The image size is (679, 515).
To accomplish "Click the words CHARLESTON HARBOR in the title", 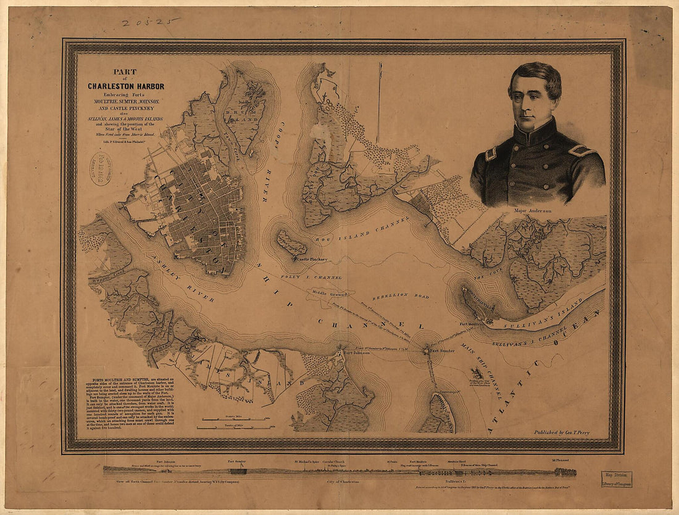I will pyautogui.click(x=126, y=86).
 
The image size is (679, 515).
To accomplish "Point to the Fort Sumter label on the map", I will pyautogui.click(x=443, y=350).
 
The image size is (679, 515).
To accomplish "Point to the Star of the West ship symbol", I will pyautogui.click(x=477, y=373).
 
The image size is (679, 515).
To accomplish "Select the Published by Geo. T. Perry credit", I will pyautogui.click(x=561, y=432).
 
